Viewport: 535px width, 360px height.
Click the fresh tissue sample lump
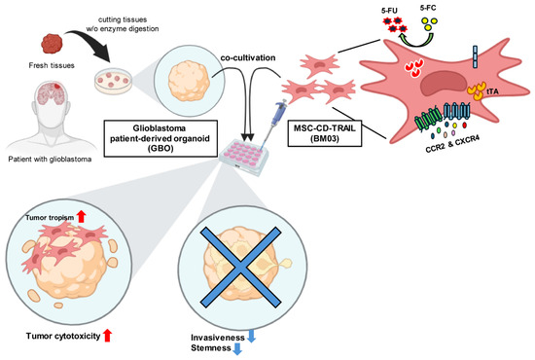click(x=52, y=44)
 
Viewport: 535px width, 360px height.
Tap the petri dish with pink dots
click(x=113, y=81)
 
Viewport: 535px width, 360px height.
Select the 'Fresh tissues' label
click(x=52, y=65)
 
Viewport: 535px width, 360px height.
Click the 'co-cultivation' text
click(x=248, y=58)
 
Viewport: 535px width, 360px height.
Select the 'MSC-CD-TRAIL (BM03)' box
click(x=325, y=133)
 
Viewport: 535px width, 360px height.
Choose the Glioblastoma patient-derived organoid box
click(x=160, y=138)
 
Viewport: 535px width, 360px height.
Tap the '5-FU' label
click(x=389, y=11)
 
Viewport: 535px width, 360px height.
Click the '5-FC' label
click(x=428, y=8)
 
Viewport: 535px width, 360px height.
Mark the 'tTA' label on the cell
click(x=493, y=91)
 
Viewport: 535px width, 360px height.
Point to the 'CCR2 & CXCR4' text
click(x=452, y=144)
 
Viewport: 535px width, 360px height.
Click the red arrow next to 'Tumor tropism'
click(x=81, y=217)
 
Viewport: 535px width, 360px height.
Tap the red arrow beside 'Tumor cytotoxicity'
click(x=107, y=336)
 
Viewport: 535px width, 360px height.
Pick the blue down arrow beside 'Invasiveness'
click(x=251, y=336)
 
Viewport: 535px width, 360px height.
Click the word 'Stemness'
click(x=211, y=348)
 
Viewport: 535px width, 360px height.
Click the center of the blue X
click(x=240, y=268)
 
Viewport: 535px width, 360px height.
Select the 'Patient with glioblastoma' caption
click(x=50, y=159)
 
